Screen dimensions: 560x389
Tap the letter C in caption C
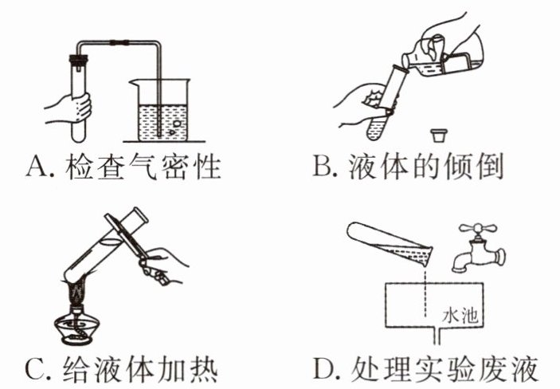pyautogui.click(x=35, y=368)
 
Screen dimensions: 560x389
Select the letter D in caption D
pyautogui.click(x=323, y=368)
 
